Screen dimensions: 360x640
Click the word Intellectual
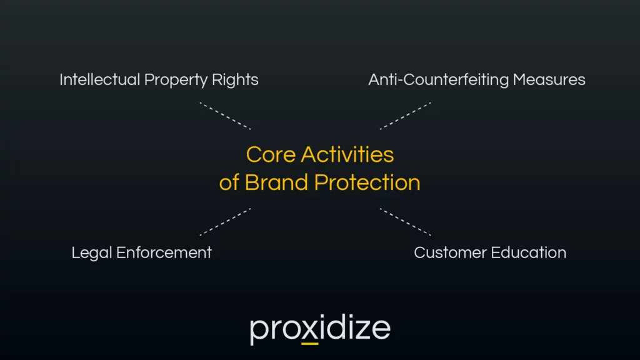pyautogui.click(x=99, y=80)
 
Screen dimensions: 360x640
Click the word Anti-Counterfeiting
pyautogui.click(x=438, y=80)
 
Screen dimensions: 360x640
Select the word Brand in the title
pyautogui.click(x=276, y=182)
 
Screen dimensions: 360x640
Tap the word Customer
pyautogui.click(x=449, y=252)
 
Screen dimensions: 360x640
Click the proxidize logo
pyautogui.click(x=320, y=330)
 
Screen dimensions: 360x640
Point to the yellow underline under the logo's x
pyautogui.click(x=309, y=344)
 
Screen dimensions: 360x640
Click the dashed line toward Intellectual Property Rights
pyautogui.click(x=225, y=116)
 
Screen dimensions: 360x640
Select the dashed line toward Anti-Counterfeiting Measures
pyautogui.click(x=406, y=116)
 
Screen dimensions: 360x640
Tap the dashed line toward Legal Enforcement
pyautogui.click(x=225, y=222)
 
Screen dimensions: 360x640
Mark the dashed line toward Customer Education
pyautogui.click(x=406, y=222)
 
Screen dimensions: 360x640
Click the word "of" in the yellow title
pyautogui.click(x=229, y=182)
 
